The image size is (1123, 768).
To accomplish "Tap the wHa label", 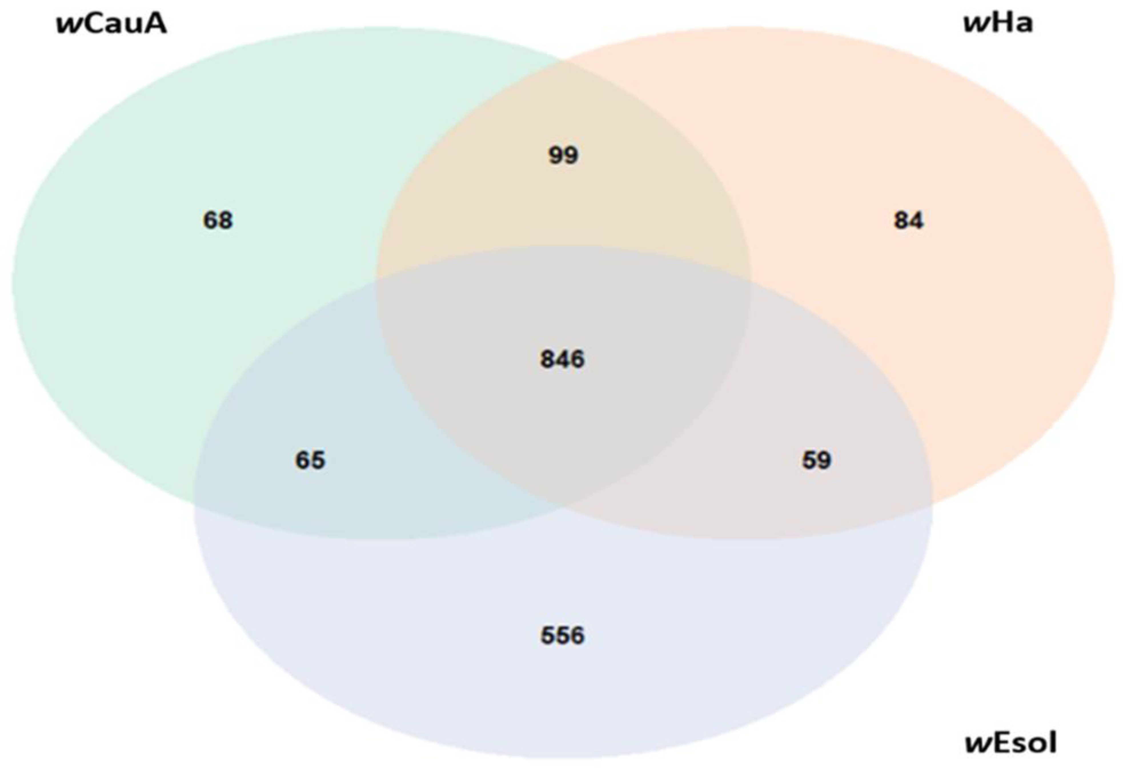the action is (998, 23).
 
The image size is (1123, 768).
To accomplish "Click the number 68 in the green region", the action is (217, 220).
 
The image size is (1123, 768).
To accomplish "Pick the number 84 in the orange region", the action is (909, 220).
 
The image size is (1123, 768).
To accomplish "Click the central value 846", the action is (562, 359).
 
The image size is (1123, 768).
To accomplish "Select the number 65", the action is (310, 460).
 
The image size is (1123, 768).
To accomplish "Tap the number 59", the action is (817, 460).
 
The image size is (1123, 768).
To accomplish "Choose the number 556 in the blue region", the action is (562, 635).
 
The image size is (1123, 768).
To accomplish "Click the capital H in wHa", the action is (1003, 23).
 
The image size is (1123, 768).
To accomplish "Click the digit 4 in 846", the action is (562, 359).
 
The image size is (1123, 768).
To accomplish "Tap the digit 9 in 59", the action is (824, 460).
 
